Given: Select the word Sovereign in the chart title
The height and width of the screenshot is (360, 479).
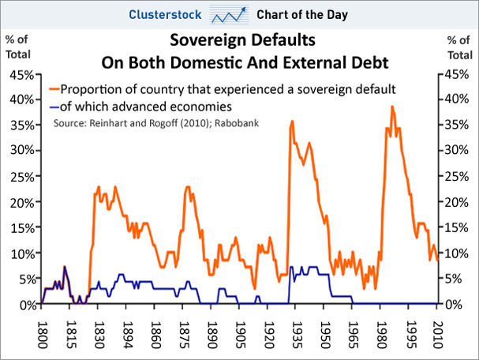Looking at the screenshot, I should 201,39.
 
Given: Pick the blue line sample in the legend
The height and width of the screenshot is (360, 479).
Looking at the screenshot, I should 54,106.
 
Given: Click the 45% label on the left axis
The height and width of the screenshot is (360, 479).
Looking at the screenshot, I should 21,76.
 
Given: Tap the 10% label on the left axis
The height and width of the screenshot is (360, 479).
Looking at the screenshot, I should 21,253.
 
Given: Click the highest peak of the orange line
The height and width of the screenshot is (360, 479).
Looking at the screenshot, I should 391,106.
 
